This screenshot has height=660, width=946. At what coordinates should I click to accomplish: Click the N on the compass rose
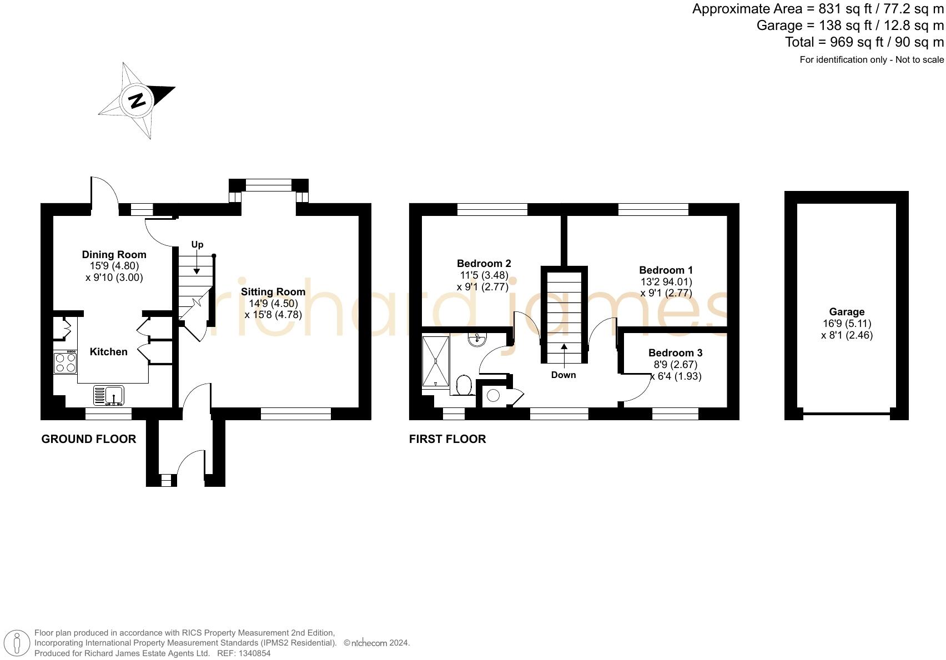[x=137, y=100]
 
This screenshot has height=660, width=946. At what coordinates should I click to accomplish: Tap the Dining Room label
[x=114, y=255]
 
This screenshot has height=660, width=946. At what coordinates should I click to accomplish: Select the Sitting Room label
[x=273, y=292]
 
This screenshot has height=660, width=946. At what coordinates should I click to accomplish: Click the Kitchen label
[x=108, y=352]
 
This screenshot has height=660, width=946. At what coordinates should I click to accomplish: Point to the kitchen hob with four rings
[x=66, y=362]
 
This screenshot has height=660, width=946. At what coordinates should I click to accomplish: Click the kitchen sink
[x=109, y=395]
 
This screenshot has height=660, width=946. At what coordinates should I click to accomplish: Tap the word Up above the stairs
[x=197, y=245]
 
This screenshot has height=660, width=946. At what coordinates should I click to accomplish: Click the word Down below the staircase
[x=563, y=375]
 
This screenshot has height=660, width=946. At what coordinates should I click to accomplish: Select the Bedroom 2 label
[x=484, y=264]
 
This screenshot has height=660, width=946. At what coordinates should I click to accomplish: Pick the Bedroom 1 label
[x=666, y=270]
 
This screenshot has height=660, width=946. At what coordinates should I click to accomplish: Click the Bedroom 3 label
[x=675, y=353]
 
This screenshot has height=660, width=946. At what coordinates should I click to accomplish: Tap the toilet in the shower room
[x=464, y=385]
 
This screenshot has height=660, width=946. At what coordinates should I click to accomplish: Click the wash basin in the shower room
[x=477, y=340]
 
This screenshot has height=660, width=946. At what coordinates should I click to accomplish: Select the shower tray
[x=436, y=361]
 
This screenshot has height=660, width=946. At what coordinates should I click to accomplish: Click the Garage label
[x=847, y=312]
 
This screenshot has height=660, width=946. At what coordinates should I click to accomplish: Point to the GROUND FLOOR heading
[x=89, y=439]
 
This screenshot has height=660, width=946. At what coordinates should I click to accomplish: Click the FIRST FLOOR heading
[x=447, y=439]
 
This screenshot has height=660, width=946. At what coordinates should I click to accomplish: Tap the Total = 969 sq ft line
[x=864, y=42]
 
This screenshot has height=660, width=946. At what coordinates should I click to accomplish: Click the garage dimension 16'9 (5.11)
[x=847, y=324]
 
